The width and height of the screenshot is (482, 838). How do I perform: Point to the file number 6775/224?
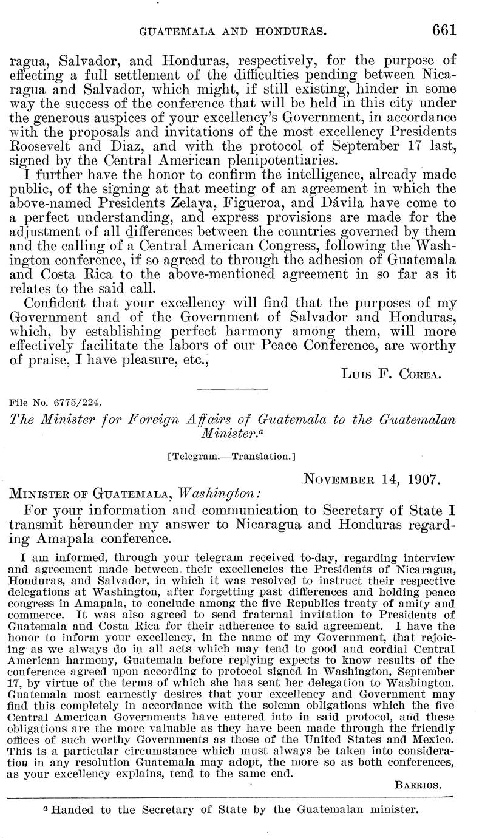(56, 401)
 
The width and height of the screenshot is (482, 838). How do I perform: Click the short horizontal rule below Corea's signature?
(233, 388)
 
